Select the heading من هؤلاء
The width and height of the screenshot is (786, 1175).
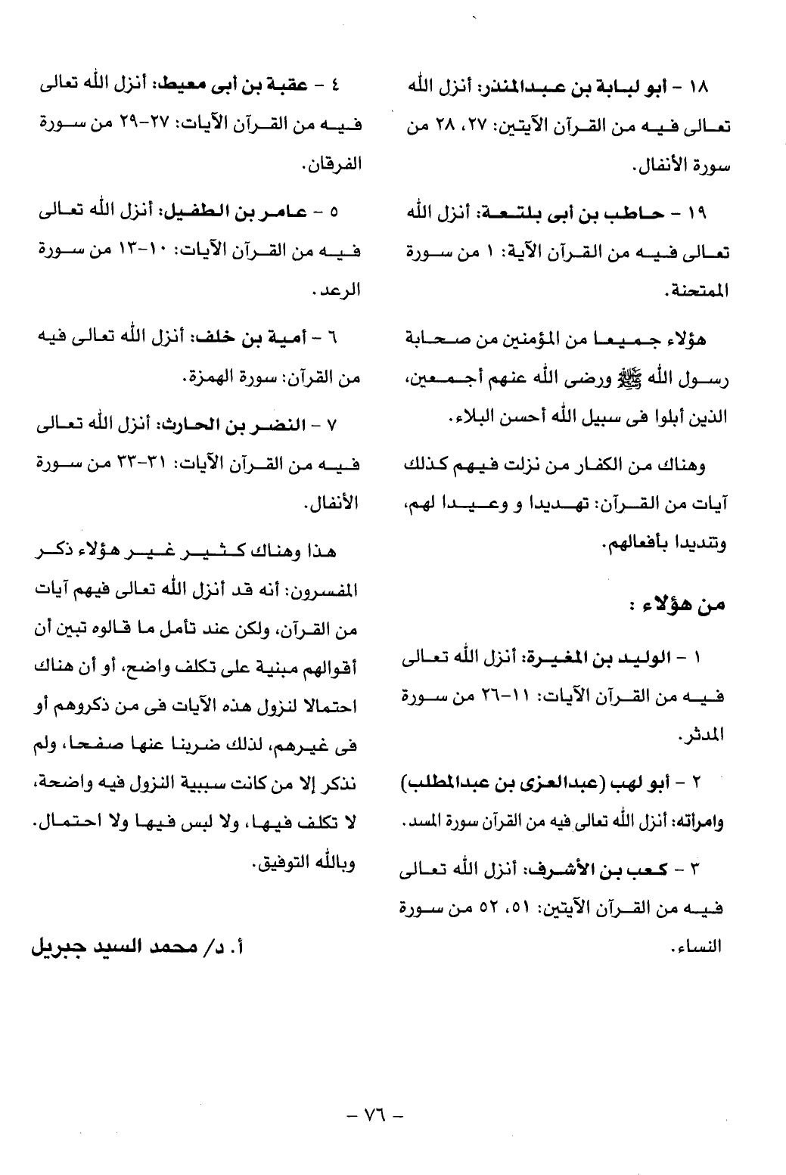679,605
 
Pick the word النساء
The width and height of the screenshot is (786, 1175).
697,945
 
